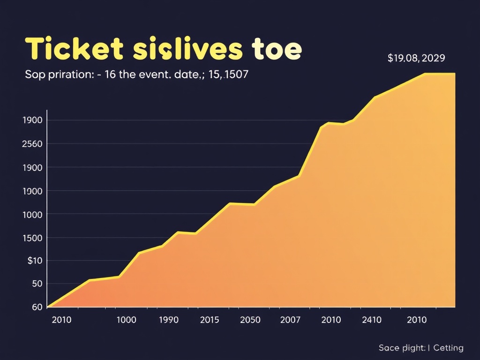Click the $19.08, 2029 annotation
tap(416, 59)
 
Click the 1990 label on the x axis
tap(169, 320)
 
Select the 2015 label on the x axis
tap(210, 320)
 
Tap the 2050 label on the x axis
tap(250, 320)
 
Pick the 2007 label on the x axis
tap(290, 320)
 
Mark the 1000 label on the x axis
tap(126, 320)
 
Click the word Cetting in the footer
tap(448, 348)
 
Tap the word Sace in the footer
tap(389, 348)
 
